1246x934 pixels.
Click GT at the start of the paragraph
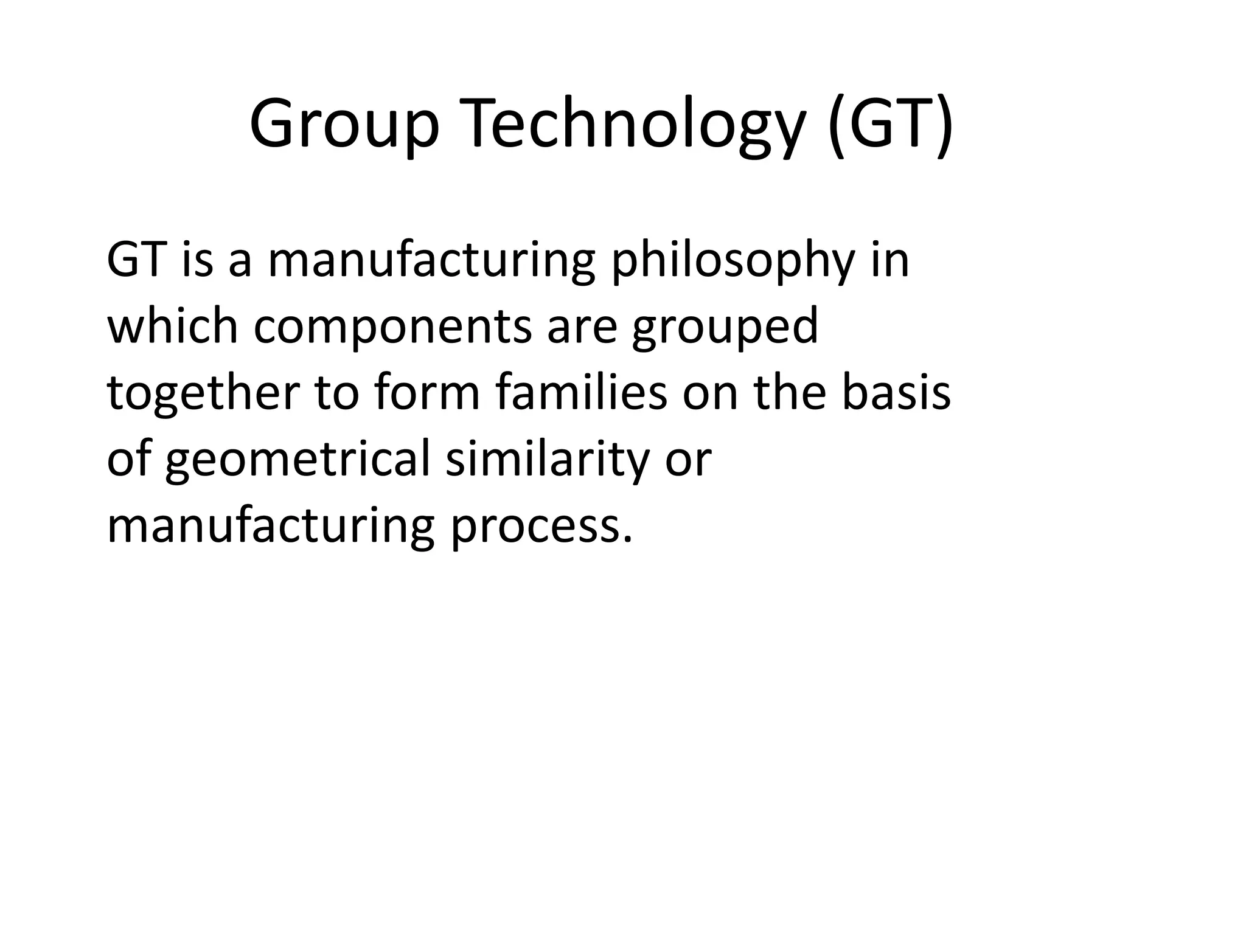point(137,260)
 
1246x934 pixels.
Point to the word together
point(204,394)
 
